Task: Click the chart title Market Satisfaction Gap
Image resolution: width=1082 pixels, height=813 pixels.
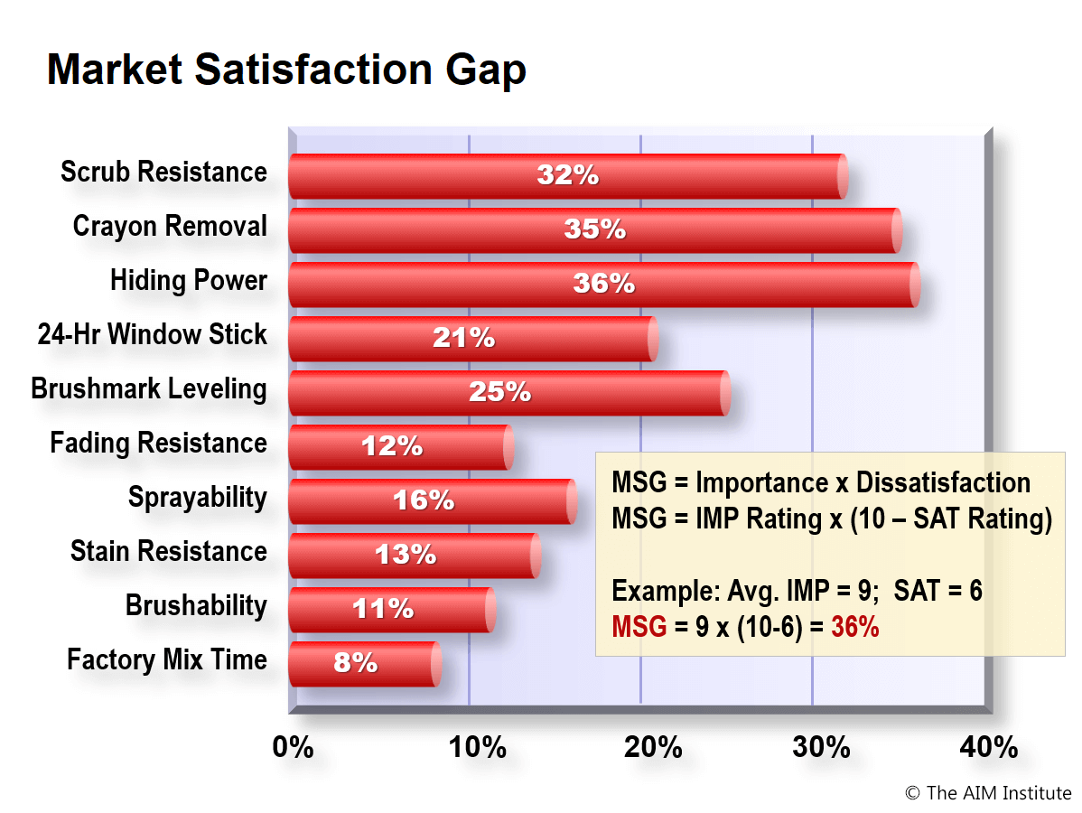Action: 286,70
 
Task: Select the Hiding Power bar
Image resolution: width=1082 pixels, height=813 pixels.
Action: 604,285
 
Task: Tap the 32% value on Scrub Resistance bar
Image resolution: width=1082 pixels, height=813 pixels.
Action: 568,175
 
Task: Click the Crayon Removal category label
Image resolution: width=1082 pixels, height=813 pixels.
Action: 170,227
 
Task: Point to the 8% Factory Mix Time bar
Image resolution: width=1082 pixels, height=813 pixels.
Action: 365,664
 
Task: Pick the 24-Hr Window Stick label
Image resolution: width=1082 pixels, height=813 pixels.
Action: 152,334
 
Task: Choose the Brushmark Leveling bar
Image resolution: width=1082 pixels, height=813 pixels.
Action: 509,393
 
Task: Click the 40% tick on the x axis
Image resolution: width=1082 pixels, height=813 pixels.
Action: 989,747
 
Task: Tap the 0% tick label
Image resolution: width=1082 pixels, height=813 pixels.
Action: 293,747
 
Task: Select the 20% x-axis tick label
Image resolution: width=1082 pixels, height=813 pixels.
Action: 653,747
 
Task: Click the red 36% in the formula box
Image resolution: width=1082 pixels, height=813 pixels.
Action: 855,627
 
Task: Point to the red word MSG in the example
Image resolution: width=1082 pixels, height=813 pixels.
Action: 639,627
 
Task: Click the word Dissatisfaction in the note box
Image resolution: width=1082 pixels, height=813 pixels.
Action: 943,483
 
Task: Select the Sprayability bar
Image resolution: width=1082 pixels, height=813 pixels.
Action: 433,501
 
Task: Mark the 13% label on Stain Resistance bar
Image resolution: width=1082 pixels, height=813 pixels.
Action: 406,555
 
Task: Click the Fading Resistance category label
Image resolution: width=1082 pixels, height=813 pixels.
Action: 158,443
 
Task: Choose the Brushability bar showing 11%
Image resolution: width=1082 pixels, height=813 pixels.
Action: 392,610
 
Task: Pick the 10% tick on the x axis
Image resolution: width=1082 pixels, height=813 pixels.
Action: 478,747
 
